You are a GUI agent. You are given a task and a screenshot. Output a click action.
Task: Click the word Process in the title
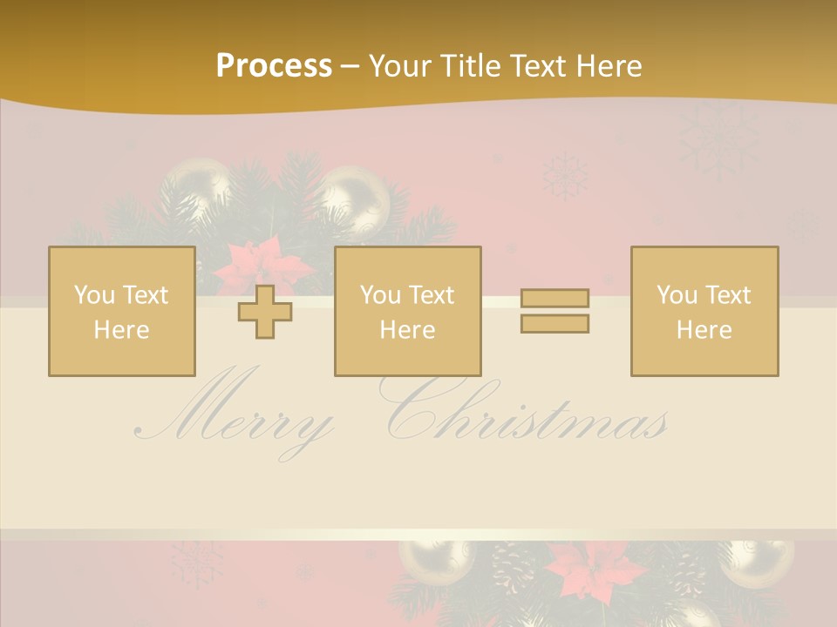[274, 66]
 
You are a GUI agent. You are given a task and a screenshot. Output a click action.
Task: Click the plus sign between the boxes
[265, 312]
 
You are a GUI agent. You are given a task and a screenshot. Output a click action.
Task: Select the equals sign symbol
[555, 311]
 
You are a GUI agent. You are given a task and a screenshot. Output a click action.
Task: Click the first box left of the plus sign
[121, 312]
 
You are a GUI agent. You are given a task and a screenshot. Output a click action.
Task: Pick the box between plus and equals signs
[407, 312]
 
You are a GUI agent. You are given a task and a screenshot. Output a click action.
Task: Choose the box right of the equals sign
[704, 312]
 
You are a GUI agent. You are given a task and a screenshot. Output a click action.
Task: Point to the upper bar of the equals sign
[555, 299]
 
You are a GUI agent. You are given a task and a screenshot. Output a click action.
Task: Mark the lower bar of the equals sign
[555, 323]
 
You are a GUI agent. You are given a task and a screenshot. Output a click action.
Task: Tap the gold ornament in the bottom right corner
[759, 562]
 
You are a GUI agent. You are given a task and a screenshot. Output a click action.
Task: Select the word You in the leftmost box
[93, 295]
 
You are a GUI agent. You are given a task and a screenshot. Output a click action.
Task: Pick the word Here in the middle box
[407, 330]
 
